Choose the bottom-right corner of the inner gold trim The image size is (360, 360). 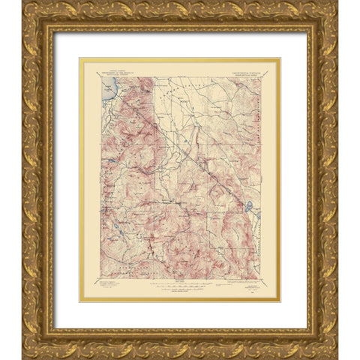tap(280, 301)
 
